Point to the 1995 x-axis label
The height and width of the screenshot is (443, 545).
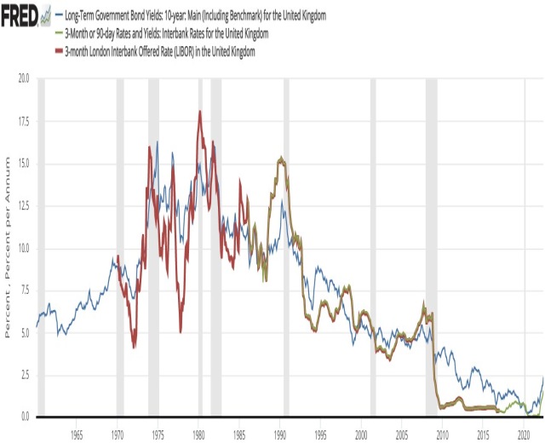pos(321,433)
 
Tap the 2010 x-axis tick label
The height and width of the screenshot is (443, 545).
pos(443,433)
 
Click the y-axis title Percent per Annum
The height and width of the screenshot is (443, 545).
pos(8,247)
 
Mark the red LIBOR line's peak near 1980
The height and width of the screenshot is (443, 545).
pos(199,112)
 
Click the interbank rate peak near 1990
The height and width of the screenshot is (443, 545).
pos(281,158)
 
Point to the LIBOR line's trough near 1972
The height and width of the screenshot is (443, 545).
pos(135,347)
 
